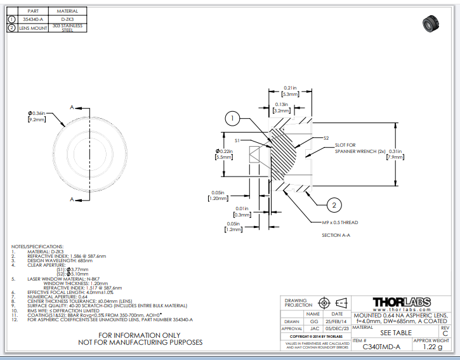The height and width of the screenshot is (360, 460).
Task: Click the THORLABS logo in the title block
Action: pos(401,302)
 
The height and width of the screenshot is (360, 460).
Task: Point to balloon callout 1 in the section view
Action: pos(233,119)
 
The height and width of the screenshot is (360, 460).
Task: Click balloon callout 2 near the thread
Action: pos(334,204)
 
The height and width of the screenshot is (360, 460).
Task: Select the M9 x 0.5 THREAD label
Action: pos(340,223)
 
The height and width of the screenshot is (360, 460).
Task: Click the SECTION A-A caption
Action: pos(336,235)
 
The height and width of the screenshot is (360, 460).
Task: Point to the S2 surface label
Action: pos(326,138)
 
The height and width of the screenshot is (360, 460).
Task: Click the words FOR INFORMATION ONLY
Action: pos(139,335)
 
